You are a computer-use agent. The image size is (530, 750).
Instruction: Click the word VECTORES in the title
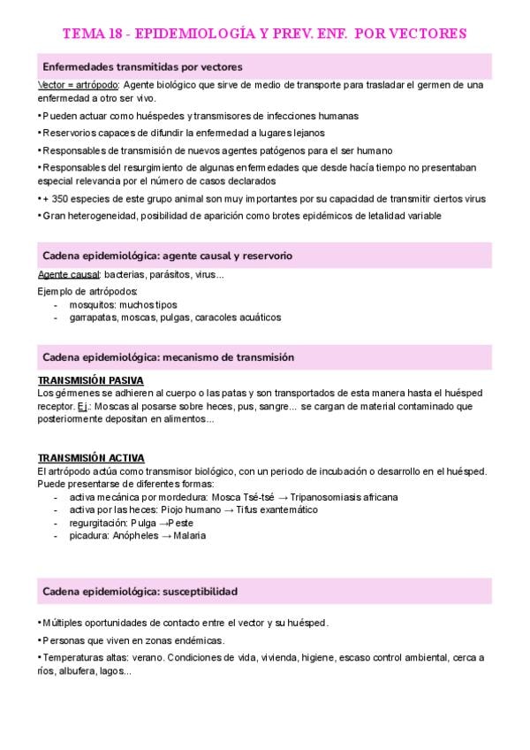click(x=420, y=34)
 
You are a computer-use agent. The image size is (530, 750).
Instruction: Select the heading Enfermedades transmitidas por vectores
click(x=142, y=66)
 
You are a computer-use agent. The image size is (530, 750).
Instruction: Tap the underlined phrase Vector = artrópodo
click(x=78, y=85)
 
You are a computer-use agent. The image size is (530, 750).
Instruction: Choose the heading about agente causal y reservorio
click(x=167, y=256)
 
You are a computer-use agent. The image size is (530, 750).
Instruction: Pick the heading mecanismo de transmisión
click(x=168, y=356)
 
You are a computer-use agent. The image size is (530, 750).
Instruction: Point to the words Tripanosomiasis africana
click(x=345, y=497)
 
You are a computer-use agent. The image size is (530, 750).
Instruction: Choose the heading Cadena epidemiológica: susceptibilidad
click(x=140, y=591)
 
